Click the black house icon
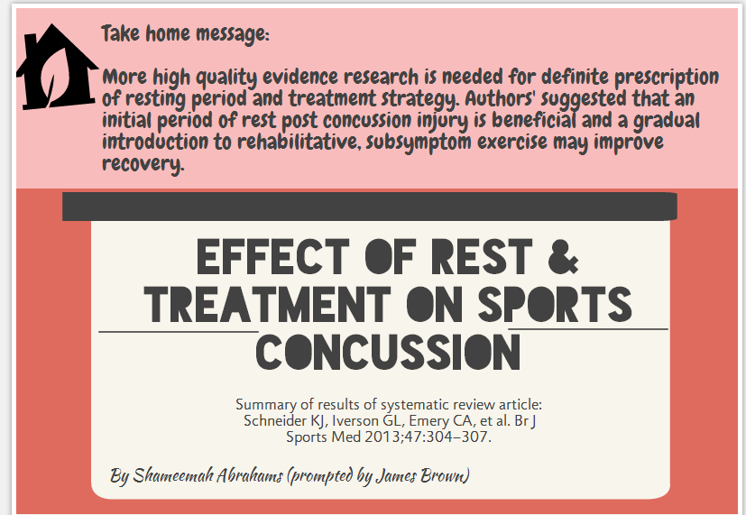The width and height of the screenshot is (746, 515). coord(57,71)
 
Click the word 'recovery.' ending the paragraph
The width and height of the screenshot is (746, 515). coord(143,163)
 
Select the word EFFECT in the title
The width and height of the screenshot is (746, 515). coord(273,257)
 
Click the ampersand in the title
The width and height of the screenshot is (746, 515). coord(563,257)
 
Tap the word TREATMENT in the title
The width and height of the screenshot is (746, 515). coord(267,304)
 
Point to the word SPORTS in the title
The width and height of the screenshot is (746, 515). coord(555,304)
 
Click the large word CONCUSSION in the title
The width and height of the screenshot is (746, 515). coord(388,353)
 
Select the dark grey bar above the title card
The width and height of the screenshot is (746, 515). coord(370,207)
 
